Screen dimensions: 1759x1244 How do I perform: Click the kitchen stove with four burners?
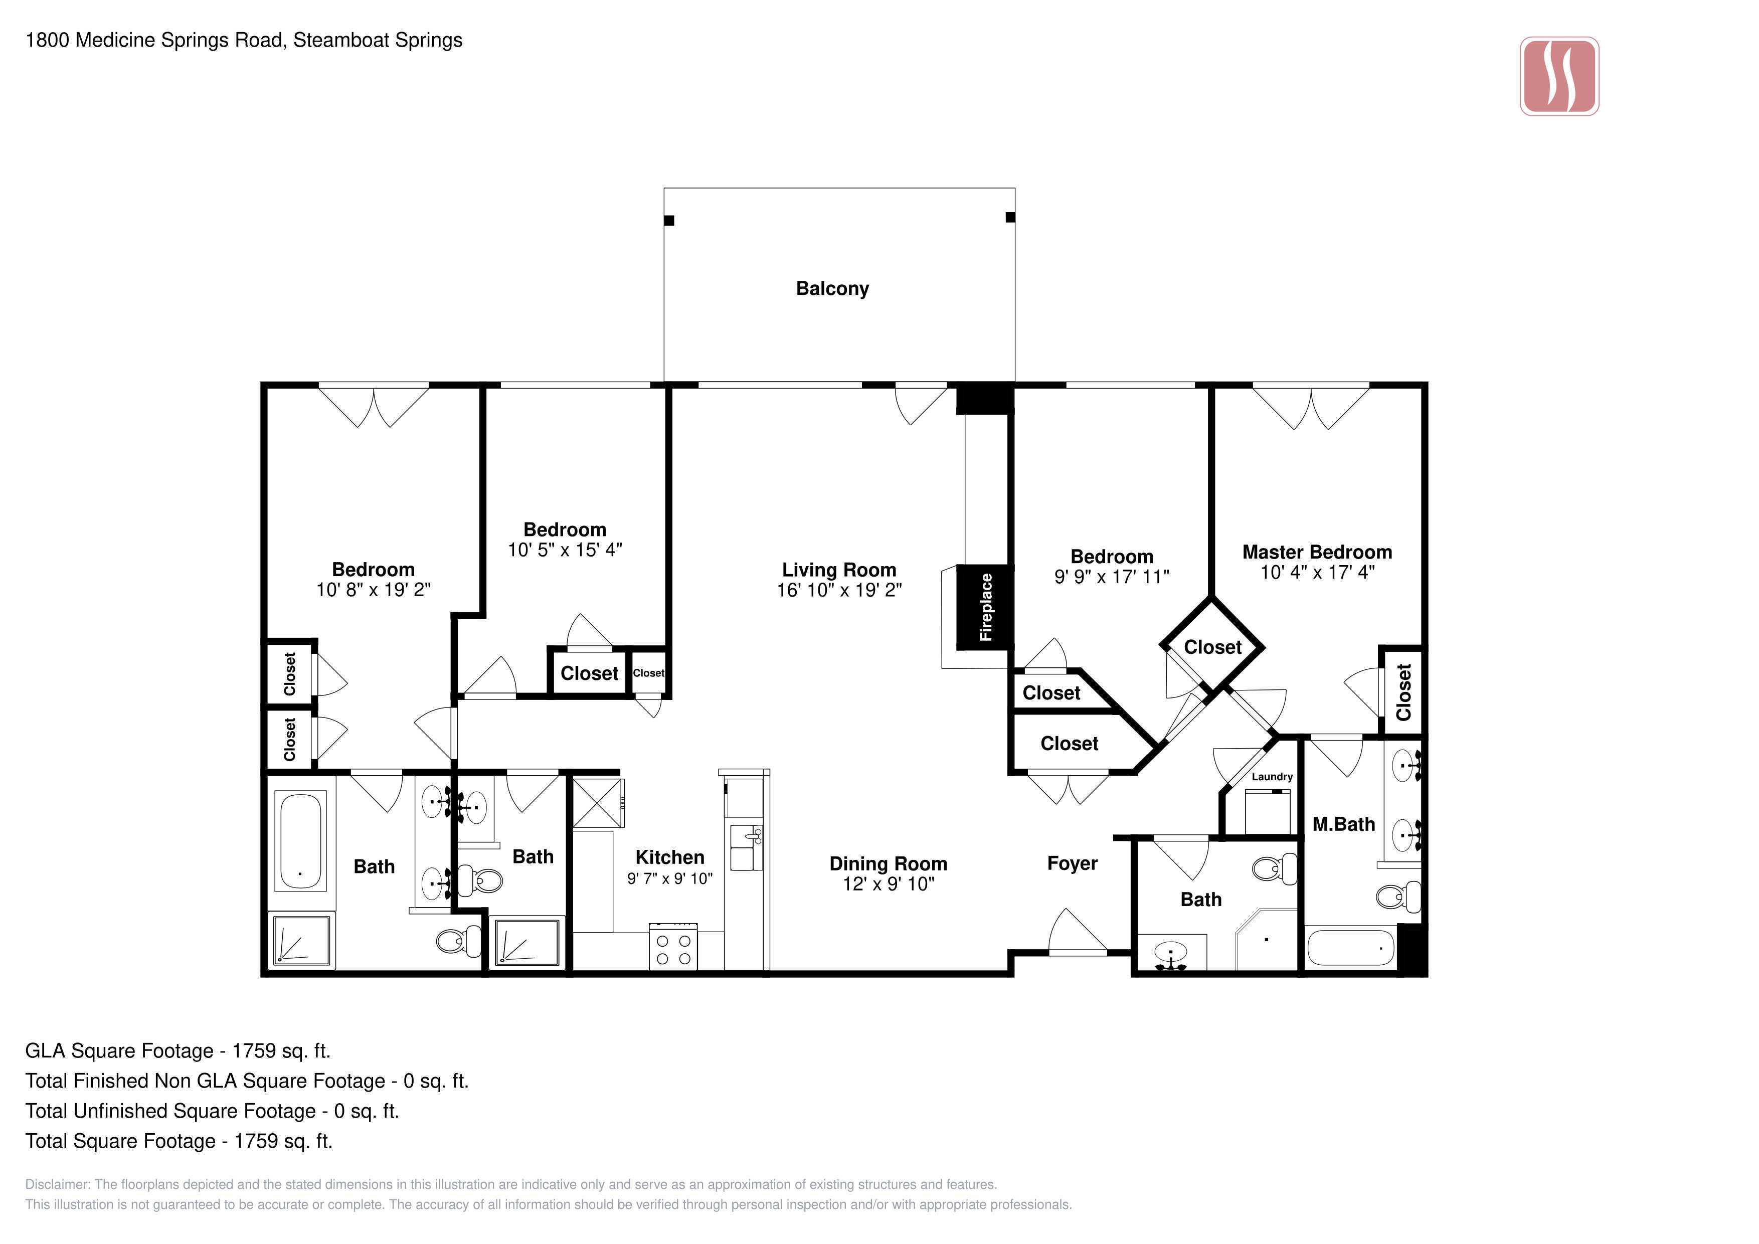point(673,947)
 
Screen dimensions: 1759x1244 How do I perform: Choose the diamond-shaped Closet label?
point(1213,647)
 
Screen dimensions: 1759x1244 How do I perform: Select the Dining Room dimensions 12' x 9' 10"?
point(888,884)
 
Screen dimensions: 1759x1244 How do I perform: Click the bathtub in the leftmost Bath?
point(300,841)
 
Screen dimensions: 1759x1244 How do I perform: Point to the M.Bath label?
point(1344,824)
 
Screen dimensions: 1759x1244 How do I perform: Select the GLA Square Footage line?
point(178,1051)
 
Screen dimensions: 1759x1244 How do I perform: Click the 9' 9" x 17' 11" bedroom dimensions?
point(1112,577)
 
